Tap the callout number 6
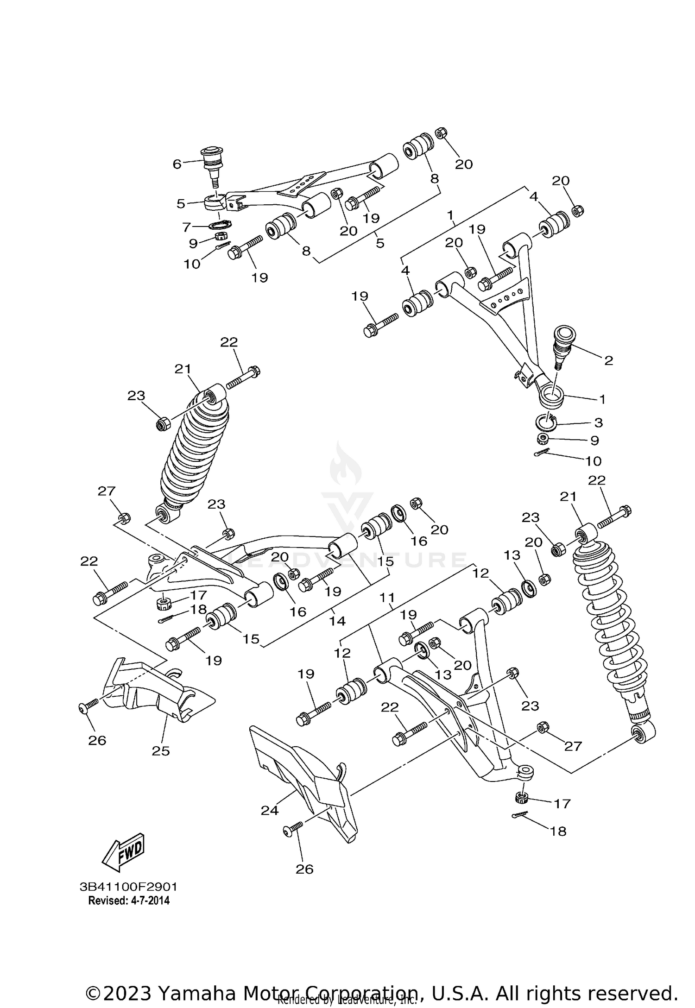[177, 164]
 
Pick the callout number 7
[187, 227]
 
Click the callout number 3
[598, 422]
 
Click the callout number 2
[608, 360]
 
